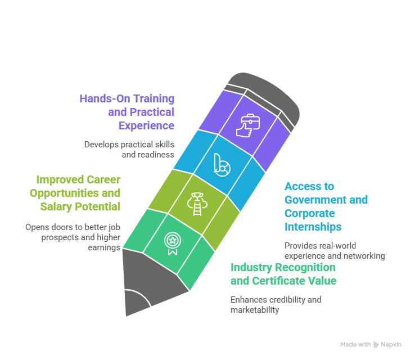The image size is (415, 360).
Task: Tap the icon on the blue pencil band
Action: click(220, 164)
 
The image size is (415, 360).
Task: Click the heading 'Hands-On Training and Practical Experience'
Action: click(127, 111)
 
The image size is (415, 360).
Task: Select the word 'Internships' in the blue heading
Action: click(313, 227)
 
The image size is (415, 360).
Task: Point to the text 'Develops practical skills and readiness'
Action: click(129, 149)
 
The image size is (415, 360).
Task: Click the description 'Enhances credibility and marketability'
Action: click(276, 304)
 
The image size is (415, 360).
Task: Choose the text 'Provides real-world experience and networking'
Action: click(335, 250)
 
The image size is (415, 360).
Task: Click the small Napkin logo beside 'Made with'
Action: click(376, 344)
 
